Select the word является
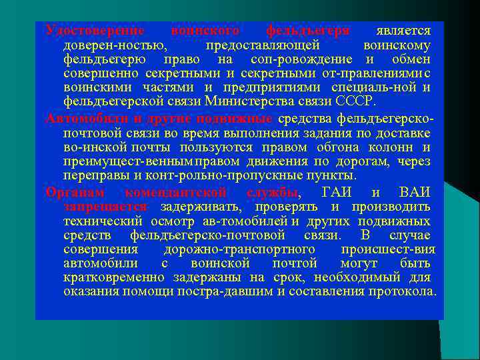[403, 31]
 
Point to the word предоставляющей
[263, 45]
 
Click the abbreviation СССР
[357, 101]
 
